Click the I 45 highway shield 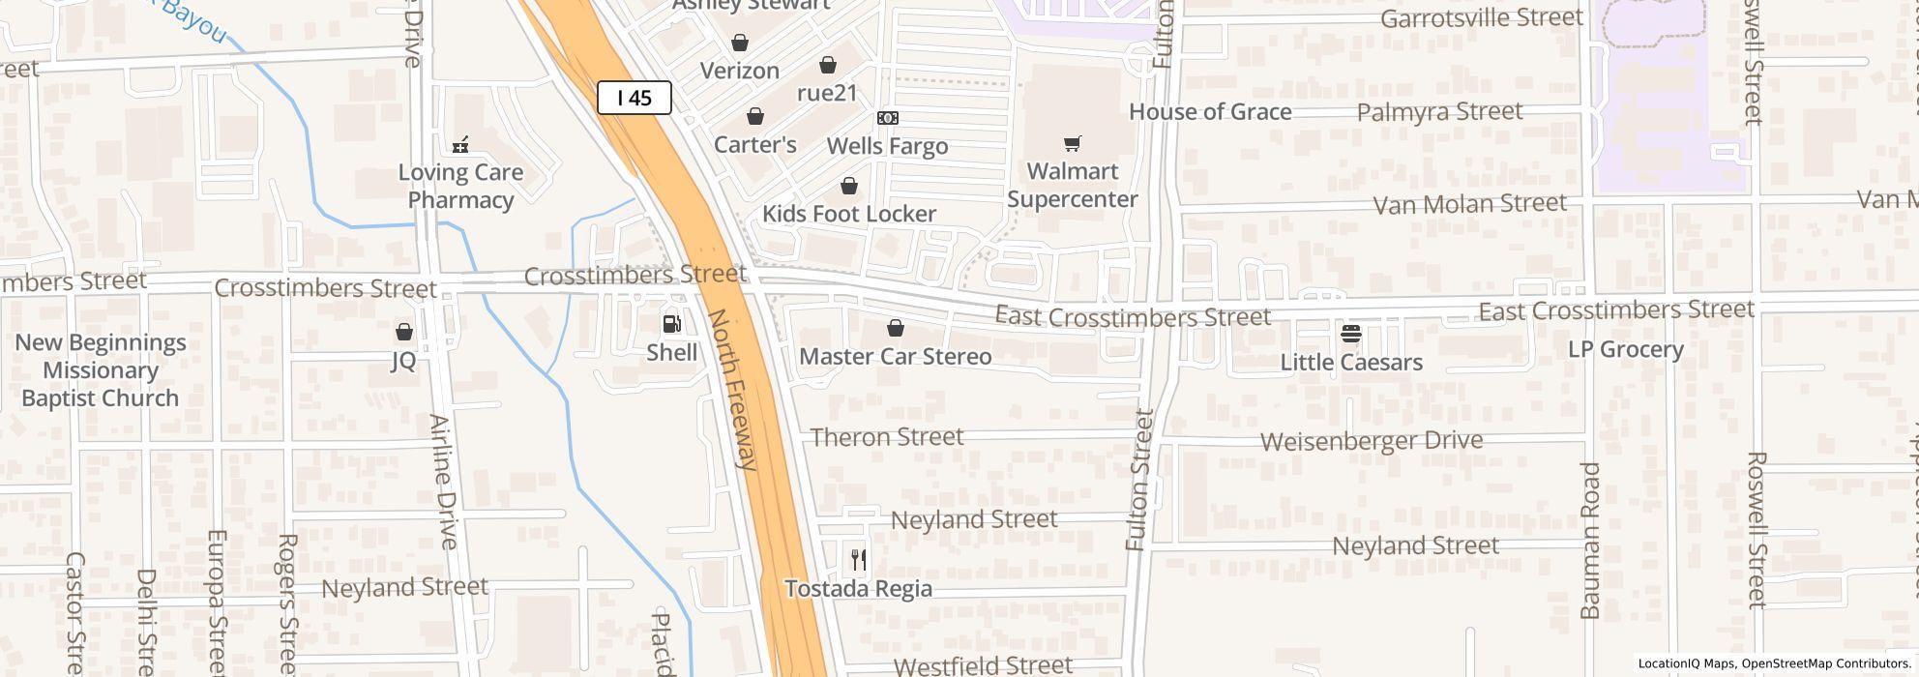click(634, 98)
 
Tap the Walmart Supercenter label click(1072, 185)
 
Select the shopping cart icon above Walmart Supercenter click(1072, 144)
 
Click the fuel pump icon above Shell click(671, 323)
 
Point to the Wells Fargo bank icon click(887, 118)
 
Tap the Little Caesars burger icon click(1351, 335)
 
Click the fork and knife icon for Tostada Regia click(858, 559)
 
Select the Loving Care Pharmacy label click(460, 186)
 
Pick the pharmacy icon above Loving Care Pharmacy click(460, 145)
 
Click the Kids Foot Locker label click(848, 214)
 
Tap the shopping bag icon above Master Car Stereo click(896, 329)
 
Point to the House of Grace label click(1210, 112)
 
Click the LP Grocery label click(1625, 349)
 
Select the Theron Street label click(887, 437)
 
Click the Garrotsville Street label click(1481, 17)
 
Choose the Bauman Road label click(1590, 540)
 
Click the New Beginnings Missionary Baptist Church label click(100, 370)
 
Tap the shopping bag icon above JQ click(404, 332)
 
